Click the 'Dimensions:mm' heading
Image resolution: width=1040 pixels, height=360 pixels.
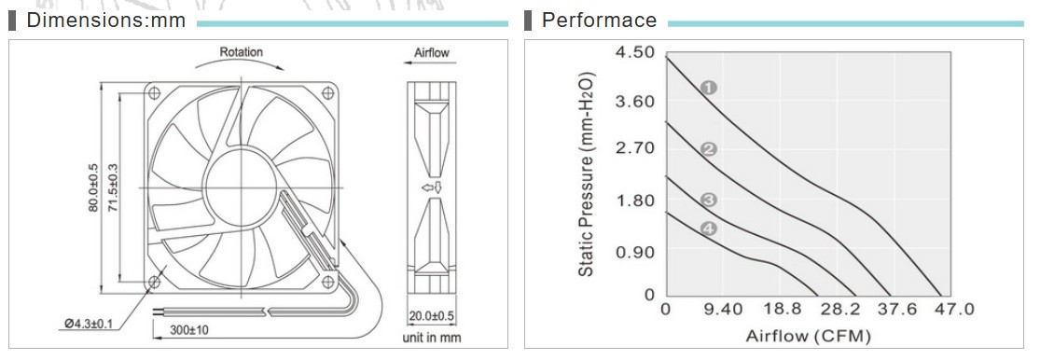[105, 20]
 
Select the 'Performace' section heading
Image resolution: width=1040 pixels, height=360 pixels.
[599, 20]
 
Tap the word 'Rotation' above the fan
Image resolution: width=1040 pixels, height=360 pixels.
[242, 51]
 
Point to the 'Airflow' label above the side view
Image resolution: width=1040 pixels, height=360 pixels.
[432, 52]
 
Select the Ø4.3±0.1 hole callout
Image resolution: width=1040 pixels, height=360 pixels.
[89, 324]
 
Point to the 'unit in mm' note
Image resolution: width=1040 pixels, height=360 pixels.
[432, 338]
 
